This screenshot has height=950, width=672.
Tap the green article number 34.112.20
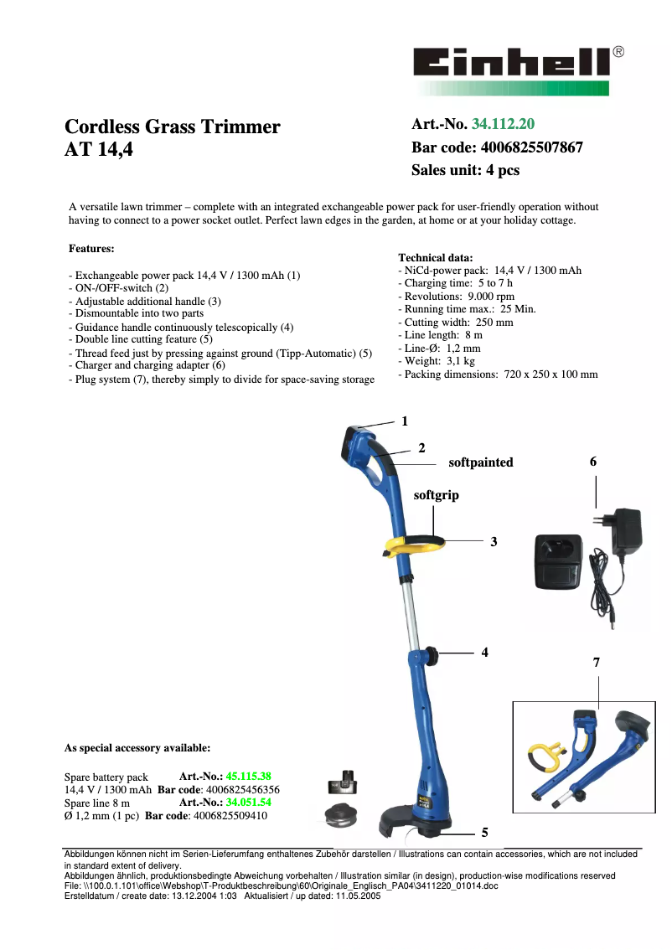(503, 125)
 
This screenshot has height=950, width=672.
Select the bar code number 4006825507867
(532, 147)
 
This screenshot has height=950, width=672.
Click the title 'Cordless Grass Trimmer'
(173, 127)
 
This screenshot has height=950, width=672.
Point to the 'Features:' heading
(91, 249)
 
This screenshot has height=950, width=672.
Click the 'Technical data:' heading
(435, 258)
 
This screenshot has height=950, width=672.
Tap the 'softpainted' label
(480, 462)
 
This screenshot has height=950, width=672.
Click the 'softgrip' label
(436, 495)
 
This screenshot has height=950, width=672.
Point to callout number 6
(593, 462)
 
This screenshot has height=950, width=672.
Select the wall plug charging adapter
(626, 531)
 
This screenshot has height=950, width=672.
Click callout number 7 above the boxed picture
(596, 662)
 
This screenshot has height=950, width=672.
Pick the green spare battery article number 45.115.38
(248, 777)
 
